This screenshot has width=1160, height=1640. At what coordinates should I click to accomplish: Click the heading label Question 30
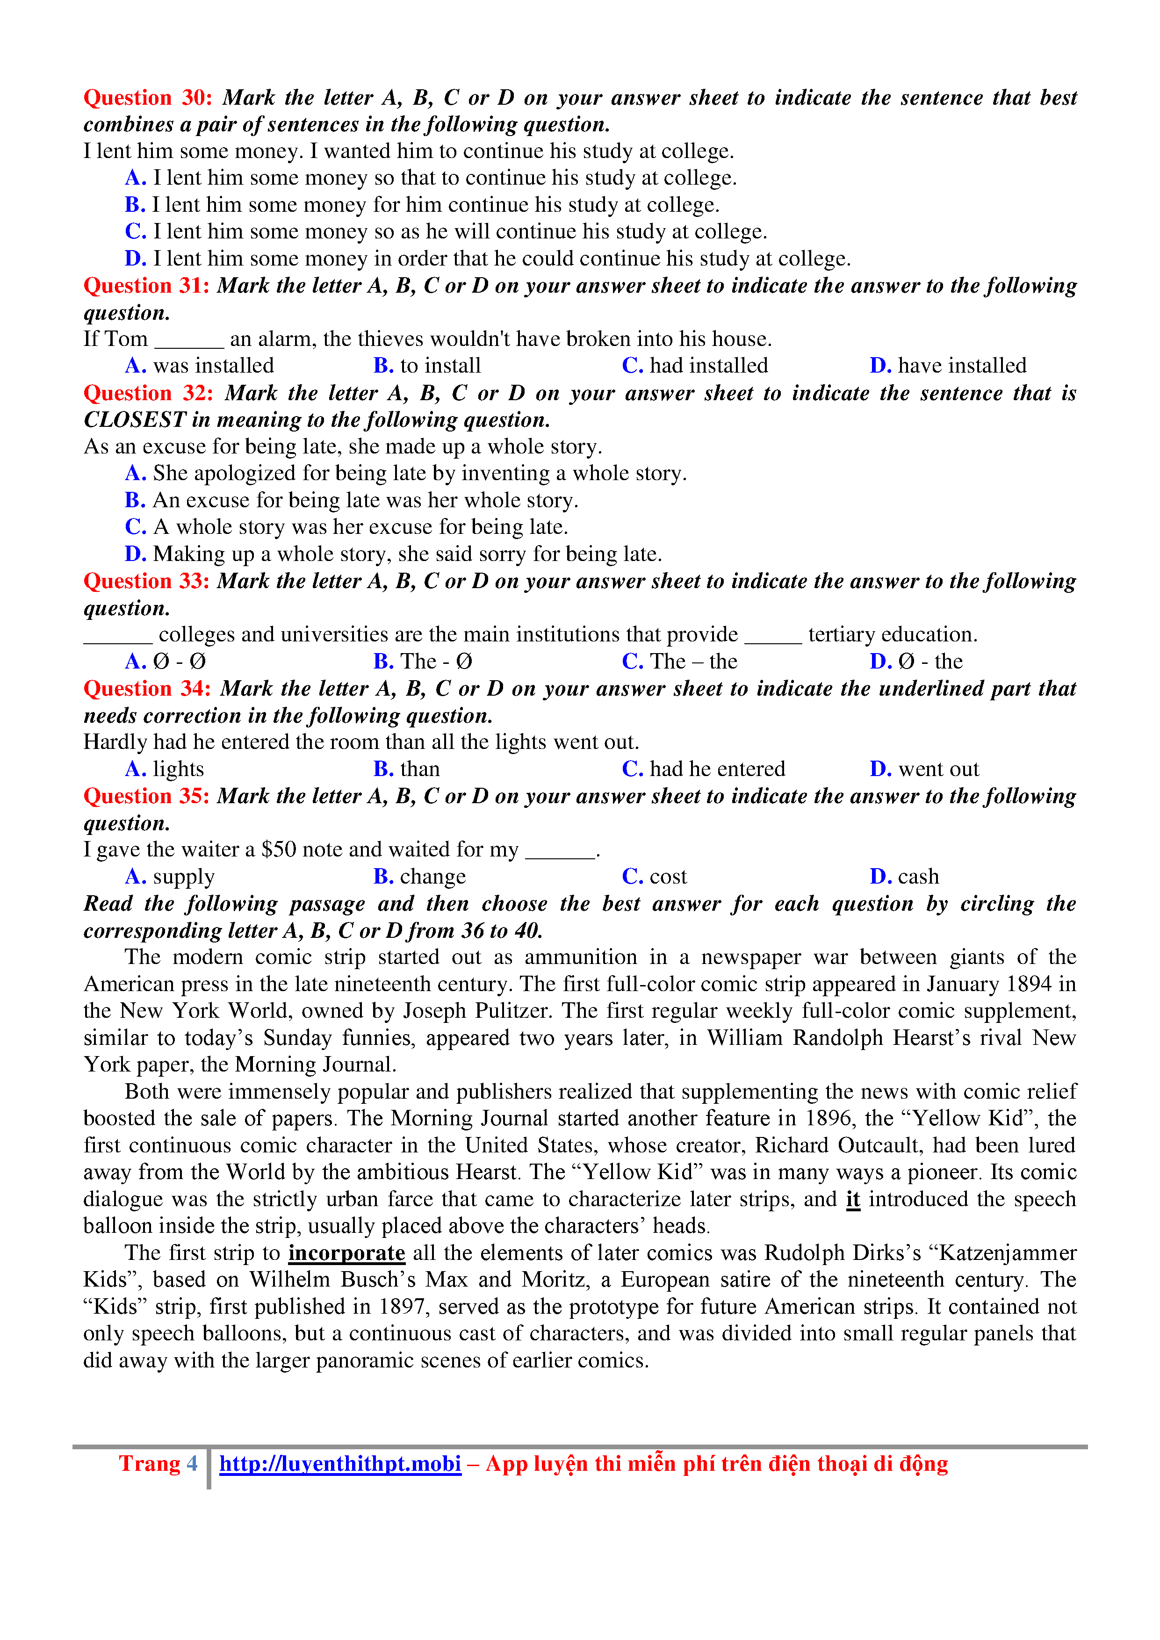click(x=148, y=97)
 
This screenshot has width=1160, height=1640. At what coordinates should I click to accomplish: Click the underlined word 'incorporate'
click(x=346, y=1253)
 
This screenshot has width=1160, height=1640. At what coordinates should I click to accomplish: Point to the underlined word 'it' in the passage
click(x=853, y=1199)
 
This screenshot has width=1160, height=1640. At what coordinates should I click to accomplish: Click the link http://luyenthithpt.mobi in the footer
click(x=340, y=1464)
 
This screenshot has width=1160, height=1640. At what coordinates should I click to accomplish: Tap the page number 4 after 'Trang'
click(x=192, y=1464)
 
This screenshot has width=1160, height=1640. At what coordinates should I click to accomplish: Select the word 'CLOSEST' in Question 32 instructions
click(x=134, y=420)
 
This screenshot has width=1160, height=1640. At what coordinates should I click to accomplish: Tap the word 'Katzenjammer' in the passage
click(x=1008, y=1253)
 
